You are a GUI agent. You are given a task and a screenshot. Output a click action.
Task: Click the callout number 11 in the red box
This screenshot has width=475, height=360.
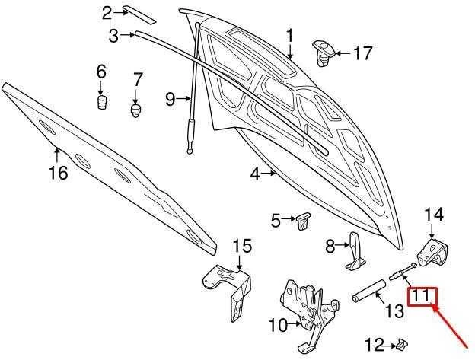(x=422, y=296)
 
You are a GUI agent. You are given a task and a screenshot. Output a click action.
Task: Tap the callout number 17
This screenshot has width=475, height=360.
(x=363, y=53)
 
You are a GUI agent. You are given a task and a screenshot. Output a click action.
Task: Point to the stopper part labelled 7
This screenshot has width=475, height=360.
(x=136, y=110)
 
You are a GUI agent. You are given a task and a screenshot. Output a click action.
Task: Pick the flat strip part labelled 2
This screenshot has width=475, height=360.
(x=139, y=14)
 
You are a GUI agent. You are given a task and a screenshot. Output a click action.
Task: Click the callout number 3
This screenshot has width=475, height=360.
(x=113, y=36)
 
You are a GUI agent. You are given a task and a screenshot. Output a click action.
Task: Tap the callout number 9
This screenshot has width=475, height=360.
(x=171, y=99)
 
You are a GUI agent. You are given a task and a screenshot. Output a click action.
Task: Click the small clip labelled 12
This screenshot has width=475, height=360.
(x=401, y=344)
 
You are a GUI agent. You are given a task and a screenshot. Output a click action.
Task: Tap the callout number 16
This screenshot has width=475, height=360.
(x=58, y=173)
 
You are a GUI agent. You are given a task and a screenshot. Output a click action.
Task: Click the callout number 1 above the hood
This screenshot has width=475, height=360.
(x=290, y=36)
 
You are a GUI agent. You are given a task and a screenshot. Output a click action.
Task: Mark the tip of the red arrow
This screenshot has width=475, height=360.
(x=433, y=306)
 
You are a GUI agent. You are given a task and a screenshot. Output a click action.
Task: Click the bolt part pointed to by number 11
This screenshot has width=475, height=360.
(x=403, y=271)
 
